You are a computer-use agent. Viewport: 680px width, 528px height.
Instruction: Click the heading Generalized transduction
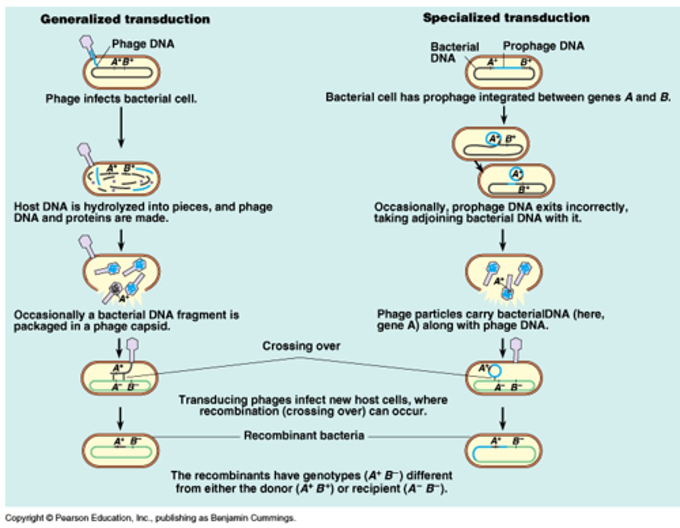point(125,19)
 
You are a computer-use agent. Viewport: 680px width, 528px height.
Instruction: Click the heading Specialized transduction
point(506,18)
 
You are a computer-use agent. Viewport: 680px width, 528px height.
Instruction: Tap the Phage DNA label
point(143,44)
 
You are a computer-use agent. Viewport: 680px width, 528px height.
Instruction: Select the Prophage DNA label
point(543,46)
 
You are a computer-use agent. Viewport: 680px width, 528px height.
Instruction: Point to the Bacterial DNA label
point(454,52)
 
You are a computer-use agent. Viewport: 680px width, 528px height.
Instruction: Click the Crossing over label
point(301,346)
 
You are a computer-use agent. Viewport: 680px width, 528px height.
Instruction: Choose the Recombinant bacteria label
point(304,435)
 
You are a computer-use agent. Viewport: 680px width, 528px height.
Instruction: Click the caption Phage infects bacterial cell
point(121,99)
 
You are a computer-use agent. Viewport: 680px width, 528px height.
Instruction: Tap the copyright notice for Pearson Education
point(150,518)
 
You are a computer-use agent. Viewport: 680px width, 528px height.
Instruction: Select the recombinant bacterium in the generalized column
point(121,450)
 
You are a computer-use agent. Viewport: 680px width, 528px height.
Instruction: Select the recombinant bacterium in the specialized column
point(504,450)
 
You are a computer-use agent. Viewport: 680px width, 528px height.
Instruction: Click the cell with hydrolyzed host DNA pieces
point(121,178)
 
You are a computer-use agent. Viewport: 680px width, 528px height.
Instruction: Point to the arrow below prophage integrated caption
point(504,114)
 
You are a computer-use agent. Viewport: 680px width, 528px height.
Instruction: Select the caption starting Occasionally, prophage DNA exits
point(501,213)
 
